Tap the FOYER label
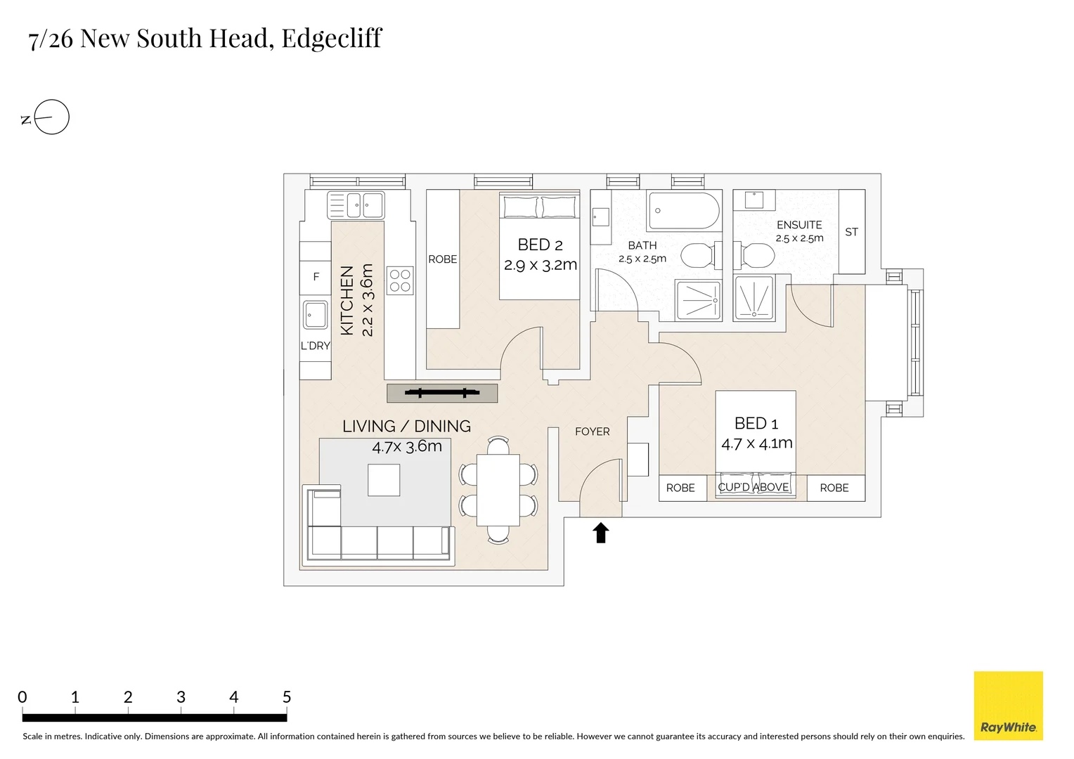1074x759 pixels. point(592,432)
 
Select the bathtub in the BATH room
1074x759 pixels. point(683,210)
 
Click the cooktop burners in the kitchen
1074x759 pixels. point(400,280)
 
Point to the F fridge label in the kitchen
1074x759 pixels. point(316,277)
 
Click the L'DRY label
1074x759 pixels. point(315,346)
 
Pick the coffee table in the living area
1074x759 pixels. point(384,480)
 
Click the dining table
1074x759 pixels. point(498,490)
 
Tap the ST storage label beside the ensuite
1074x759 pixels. point(851,232)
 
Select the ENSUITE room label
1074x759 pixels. point(799,225)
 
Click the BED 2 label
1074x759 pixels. point(540,245)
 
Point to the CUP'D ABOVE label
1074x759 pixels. point(753,487)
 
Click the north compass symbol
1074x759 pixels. point(51,117)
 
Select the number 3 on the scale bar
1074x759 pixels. point(181,697)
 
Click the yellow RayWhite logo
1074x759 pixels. point(1008,706)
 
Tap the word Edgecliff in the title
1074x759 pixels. point(331,39)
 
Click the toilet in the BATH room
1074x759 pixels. point(697,256)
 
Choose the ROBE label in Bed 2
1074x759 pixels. point(442,259)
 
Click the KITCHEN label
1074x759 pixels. point(347,300)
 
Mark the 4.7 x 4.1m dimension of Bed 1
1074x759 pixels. point(756,443)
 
